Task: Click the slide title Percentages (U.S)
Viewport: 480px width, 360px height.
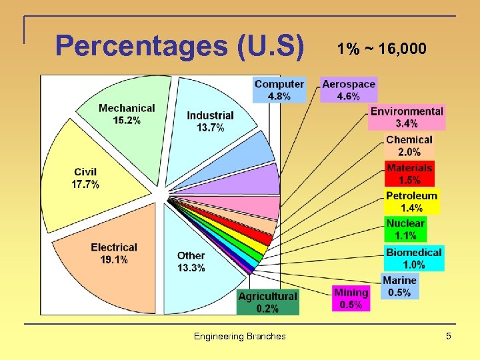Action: coord(180,46)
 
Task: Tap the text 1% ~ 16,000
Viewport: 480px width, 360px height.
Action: coord(381,49)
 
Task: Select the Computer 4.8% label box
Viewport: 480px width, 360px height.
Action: coord(279,90)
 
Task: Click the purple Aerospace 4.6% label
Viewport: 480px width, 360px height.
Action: coord(349,90)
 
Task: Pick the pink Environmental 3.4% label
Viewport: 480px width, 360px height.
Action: coord(407,117)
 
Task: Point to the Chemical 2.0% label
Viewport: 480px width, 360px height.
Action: coord(409,145)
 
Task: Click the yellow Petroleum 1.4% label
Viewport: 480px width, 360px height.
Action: coord(412,201)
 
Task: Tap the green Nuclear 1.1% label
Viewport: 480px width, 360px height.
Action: coord(405,229)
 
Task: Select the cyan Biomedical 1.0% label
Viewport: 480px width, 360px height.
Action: coord(414,258)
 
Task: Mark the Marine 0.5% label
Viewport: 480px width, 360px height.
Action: coord(400,286)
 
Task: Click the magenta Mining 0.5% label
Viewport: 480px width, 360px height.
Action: coord(351,298)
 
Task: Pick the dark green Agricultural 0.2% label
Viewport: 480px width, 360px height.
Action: coord(268,302)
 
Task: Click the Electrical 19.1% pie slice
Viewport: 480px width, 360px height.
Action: coord(113,253)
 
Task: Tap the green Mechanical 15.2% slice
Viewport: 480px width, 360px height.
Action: coord(127,113)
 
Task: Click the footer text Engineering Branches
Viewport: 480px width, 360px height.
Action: coord(239,336)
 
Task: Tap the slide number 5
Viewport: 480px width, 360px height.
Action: coord(449,336)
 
